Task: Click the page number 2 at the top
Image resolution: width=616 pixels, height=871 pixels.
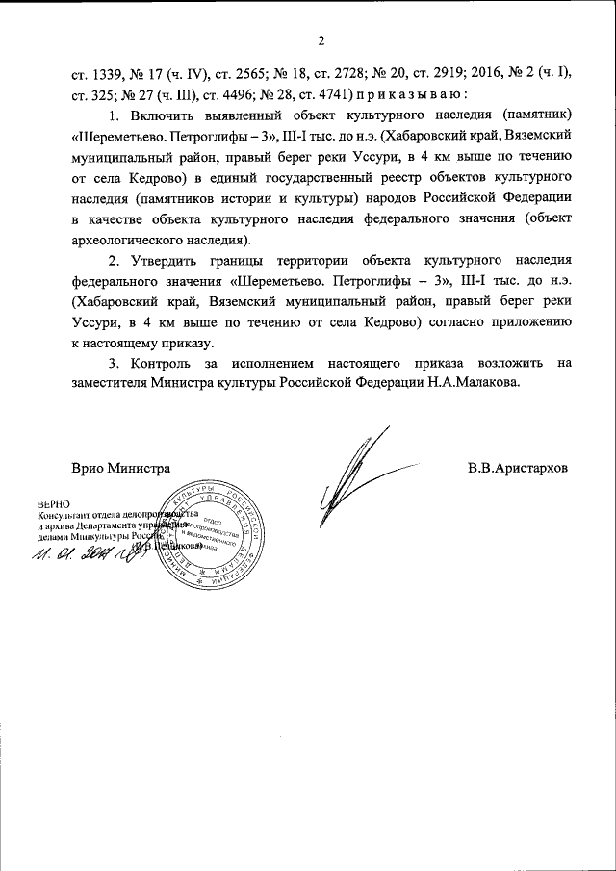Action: [x=321, y=39]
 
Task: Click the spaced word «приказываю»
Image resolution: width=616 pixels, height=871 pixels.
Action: [x=412, y=93]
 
